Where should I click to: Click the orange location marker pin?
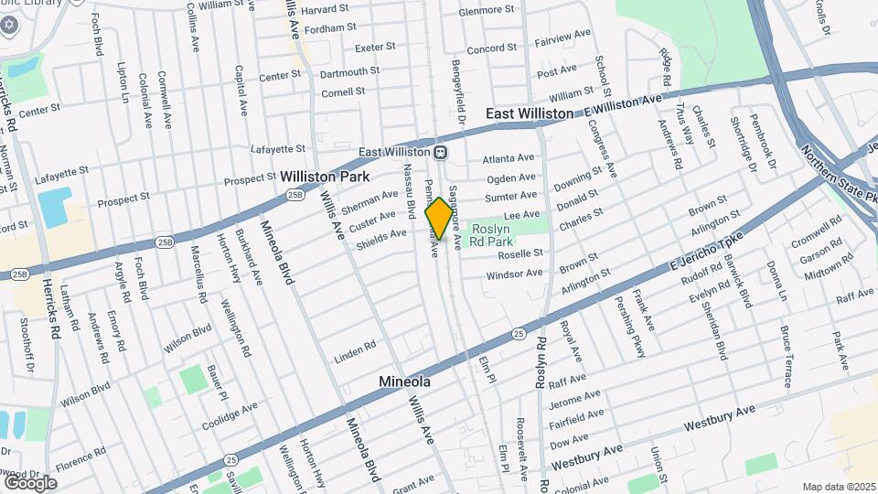pos(439,218)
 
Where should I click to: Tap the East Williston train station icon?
pos(440,152)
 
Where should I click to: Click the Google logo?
pos(30,482)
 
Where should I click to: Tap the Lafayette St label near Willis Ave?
pos(279,148)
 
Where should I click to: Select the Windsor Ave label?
pos(514,274)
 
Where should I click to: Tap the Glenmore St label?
pos(487,10)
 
